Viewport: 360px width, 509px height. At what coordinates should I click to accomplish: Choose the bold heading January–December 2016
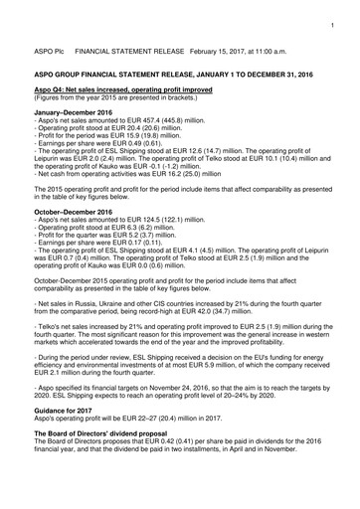pyautogui.click(x=73, y=114)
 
